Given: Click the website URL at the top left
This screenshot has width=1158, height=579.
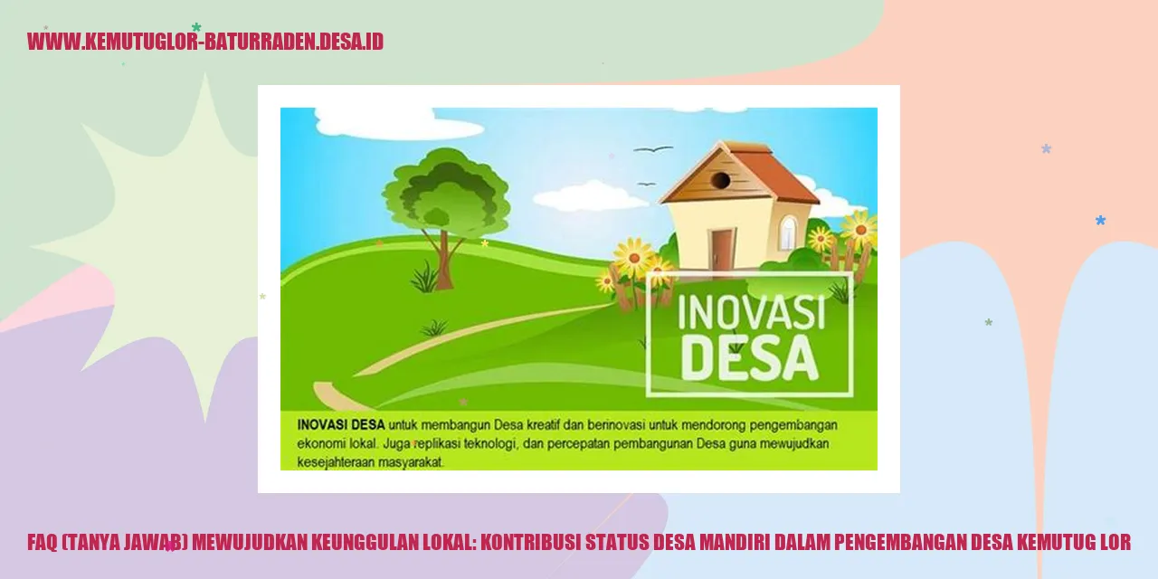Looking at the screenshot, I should click(205, 42).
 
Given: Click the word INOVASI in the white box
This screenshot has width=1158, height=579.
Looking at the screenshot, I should click(751, 313).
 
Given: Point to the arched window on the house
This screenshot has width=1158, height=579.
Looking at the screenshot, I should click(789, 233).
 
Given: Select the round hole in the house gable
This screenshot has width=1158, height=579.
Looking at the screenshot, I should click(720, 180).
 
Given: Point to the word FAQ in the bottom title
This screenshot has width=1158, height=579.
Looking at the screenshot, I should click(43, 543).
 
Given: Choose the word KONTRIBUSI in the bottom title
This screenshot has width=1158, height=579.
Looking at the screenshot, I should click(528, 543).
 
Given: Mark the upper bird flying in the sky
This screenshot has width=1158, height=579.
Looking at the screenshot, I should click(653, 148).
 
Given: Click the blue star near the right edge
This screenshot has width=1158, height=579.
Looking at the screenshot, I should click(1100, 220).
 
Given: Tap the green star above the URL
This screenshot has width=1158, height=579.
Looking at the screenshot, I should click(196, 27).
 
